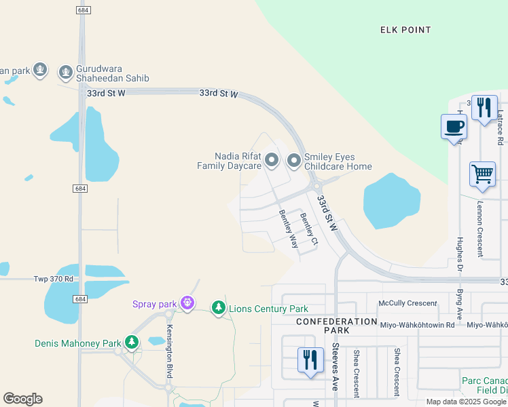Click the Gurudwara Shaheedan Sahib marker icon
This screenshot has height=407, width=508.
pyautogui.click(x=66, y=71)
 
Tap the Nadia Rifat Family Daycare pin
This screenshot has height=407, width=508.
pyautogui.click(x=272, y=161)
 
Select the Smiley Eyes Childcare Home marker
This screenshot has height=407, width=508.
pyautogui.click(x=294, y=161)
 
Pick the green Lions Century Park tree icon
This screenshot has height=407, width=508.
pyautogui.click(x=219, y=309)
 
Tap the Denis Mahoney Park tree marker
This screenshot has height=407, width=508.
pyautogui.click(x=132, y=343)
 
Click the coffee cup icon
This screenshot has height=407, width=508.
pyautogui.click(x=454, y=126)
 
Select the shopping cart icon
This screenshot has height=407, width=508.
pyautogui.click(x=482, y=174)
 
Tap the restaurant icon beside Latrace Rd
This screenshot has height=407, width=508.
pyautogui.click(x=484, y=107)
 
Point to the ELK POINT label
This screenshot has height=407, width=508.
pyautogui.click(x=405, y=30)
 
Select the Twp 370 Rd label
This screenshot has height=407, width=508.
pyautogui.click(x=53, y=279)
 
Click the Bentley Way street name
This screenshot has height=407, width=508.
pyautogui.click(x=289, y=229)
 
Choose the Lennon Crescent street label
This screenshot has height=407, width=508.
pyautogui.click(x=480, y=229)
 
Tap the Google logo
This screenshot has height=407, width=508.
pyautogui.click(x=22, y=398)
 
